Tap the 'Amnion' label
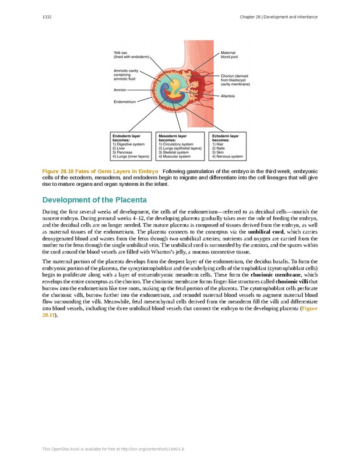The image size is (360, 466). click(x=120, y=90)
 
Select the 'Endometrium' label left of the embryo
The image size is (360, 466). click(x=124, y=102)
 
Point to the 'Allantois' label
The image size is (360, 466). click(x=228, y=96)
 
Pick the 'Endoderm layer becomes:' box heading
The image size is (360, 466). click(x=126, y=138)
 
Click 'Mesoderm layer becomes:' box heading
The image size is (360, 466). click(x=173, y=138)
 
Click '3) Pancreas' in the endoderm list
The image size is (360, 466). click(x=123, y=152)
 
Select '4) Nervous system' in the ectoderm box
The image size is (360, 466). click(x=227, y=156)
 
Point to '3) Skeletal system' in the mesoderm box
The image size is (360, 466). click(x=174, y=152)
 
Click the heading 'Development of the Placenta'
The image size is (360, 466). click(x=95, y=200)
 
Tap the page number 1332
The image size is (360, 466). click(x=47, y=17)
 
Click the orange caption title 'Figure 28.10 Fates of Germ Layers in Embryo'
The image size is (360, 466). click(x=101, y=171)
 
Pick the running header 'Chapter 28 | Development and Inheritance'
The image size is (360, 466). click(x=279, y=17)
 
